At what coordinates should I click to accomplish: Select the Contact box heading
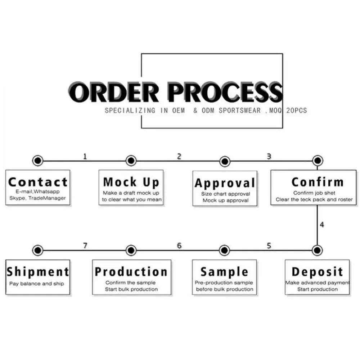[x=38, y=182]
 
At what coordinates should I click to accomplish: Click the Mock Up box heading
[x=131, y=182]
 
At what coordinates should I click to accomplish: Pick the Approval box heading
[x=225, y=183]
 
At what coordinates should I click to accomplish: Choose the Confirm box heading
[x=318, y=182]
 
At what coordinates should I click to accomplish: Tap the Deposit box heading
[x=318, y=272]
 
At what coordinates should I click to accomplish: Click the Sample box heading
[x=224, y=272]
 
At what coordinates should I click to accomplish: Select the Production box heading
[x=131, y=272]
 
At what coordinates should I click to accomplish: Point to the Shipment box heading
[x=38, y=272]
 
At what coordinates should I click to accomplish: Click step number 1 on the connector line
[x=85, y=156]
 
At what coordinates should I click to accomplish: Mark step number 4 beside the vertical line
[x=322, y=225]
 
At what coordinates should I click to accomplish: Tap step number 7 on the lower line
[x=85, y=246]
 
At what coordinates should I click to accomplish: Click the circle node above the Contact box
[x=37, y=161]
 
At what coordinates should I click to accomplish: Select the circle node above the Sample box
[x=224, y=250]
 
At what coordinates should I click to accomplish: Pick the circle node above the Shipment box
[x=37, y=250]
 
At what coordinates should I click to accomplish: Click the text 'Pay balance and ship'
[x=37, y=284]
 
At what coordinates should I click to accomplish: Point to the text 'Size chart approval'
[x=225, y=194]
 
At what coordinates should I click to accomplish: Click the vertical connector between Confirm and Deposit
[x=317, y=223]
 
